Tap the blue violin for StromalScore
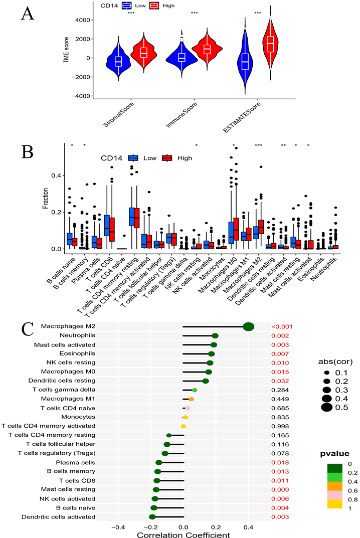point(118,61)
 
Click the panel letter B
point(28,149)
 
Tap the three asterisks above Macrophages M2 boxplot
point(259,145)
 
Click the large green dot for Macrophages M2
point(248,326)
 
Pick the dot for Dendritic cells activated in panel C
point(152,516)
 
